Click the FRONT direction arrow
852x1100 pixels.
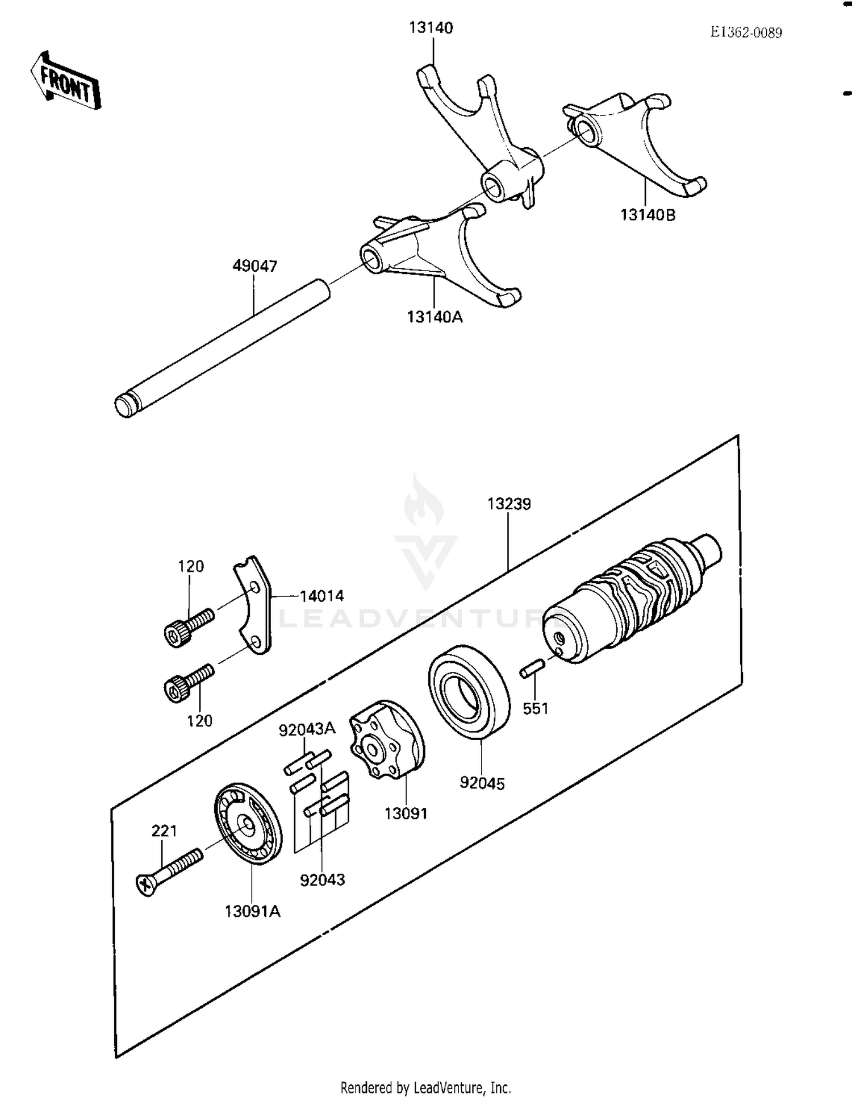pyautogui.click(x=65, y=81)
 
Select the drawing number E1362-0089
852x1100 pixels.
pyautogui.click(x=746, y=32)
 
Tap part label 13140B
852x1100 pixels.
pyautogui.click(x=648, y=215)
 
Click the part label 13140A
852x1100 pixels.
pyautogui.click(x=435, y=317)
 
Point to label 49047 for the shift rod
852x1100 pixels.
pyautogui.click(x=254, y=265)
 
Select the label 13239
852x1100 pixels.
pyautogui.click(x=509, y=504)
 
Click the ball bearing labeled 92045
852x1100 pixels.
pyautogui.click(x=469, y=692)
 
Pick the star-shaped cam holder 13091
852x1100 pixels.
pyautogui.click(x=386, y=739)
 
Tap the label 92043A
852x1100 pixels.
pyautogui.click(x=307, y=729)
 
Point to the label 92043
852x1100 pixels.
pyautogui.click(x=322, y=880)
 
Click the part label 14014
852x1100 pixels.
pyautogui.click(x=321, y=596)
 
